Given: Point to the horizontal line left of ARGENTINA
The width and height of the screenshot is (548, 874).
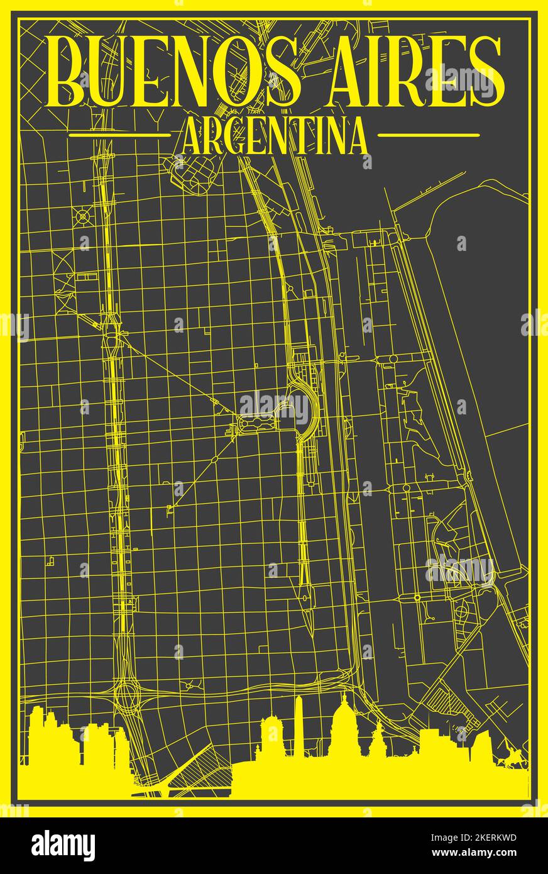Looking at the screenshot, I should pyautogui.click(x=119, y=135).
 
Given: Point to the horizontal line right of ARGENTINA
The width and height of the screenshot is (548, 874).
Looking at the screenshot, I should pyautogui.click(x=429, y=135).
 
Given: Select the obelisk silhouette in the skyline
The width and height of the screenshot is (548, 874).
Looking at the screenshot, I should pyautogui.click(x=300, y=726).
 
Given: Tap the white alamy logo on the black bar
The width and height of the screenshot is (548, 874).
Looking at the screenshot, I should pyautogui.click(x=63, y=846).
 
